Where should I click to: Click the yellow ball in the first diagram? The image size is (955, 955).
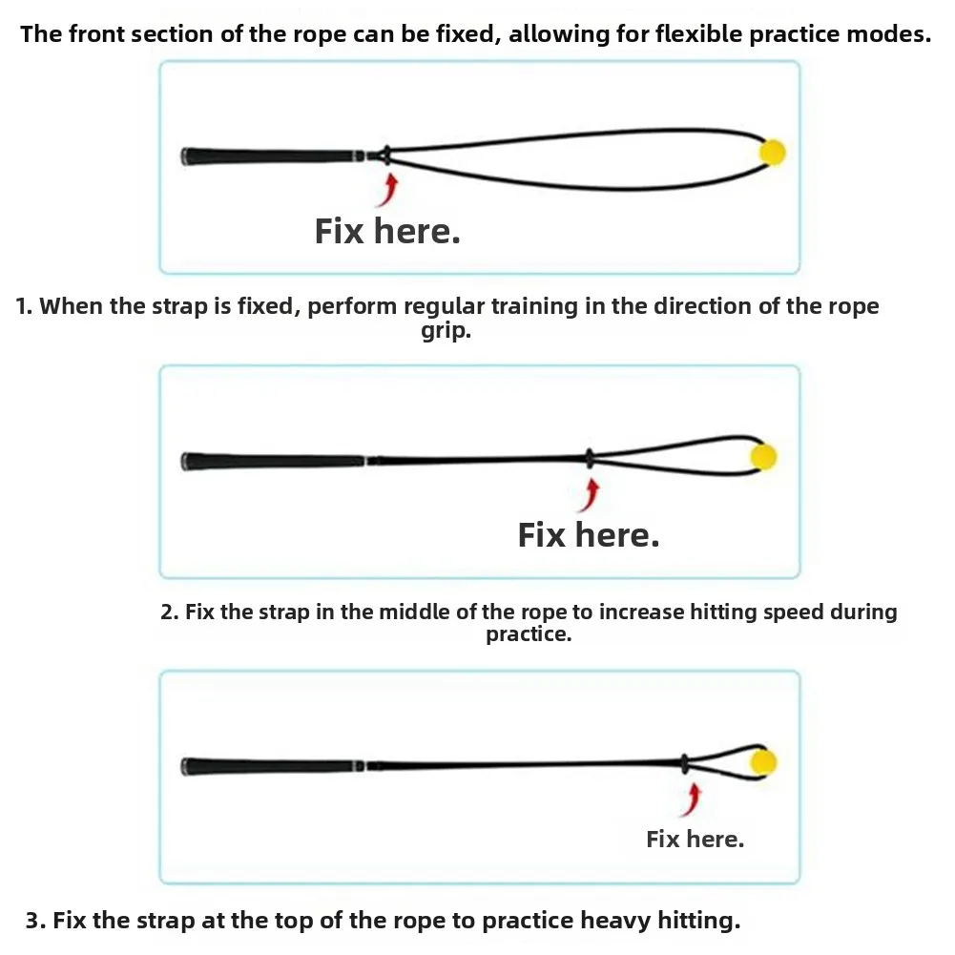click(773, 153)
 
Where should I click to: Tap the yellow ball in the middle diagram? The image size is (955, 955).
click(764, 457)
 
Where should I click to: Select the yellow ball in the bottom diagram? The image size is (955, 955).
click(764, 762)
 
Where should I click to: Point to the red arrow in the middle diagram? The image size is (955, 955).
click(590, 495)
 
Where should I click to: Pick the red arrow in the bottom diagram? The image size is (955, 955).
click(692, 799)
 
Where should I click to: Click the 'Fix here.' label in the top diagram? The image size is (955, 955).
click(387, 232)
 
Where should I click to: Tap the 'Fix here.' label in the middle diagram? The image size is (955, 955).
click(589, 535)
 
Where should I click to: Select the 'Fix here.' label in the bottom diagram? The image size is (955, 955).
click(695, 840)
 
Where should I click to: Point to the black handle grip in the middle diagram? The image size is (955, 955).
click(273, 461)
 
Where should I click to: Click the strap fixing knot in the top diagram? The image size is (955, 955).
click(385, 156)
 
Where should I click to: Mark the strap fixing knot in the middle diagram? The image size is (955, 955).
click(590, 458)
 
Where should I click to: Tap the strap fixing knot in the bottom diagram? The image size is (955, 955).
click(685, 763)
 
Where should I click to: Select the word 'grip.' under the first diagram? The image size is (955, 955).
click(446, 331)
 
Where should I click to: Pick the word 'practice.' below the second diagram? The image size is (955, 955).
click(529, 634)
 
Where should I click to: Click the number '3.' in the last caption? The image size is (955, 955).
click(36, 921)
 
